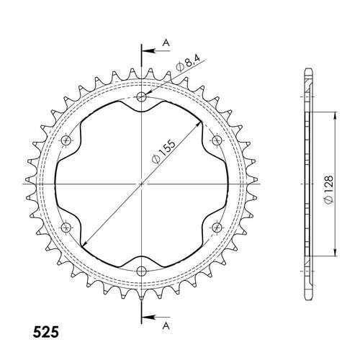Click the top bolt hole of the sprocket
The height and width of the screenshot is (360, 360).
tap(142, 97)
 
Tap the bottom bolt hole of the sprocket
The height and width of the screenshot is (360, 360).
tap(142, 271)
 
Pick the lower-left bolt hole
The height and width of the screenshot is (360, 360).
tap(67, 228)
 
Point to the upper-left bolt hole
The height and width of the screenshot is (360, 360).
tap(67, 140)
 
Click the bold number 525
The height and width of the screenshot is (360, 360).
tap(47, 334)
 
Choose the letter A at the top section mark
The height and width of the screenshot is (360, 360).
tap(166, 43)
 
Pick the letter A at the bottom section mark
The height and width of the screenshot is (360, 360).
tap(166, 325)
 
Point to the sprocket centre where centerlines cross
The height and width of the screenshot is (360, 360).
tap(142, 184)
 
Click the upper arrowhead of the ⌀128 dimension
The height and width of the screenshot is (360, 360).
tap(336, 116)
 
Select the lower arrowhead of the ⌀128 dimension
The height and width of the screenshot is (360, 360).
tap(336, 251)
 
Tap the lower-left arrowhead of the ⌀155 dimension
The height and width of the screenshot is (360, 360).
tap(84, 246)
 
